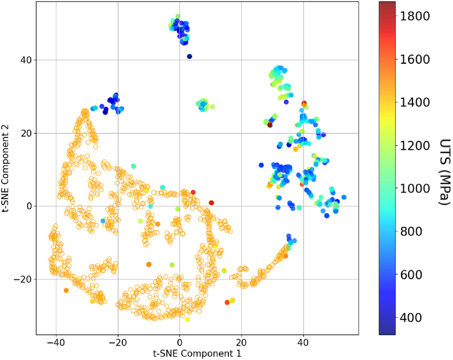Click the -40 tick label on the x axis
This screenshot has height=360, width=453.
pos(56,342)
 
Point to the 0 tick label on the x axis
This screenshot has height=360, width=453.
pos(179,342)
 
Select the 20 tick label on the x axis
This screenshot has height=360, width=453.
pos(241,342)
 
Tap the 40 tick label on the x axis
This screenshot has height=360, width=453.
pos(303,342)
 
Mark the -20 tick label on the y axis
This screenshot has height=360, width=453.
pos(22,279)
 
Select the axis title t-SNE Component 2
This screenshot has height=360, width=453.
pos(6,169)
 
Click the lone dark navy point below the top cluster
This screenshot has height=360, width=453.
pos(189,56)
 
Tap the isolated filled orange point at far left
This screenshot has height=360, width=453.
pos(66,290)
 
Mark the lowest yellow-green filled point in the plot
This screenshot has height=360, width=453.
pos(187,319)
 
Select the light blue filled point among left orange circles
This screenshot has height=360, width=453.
pos(103,221)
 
